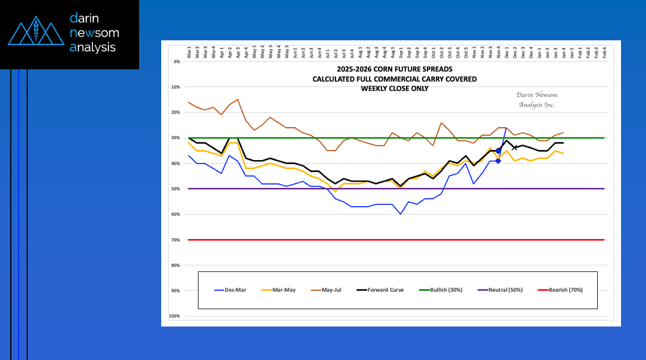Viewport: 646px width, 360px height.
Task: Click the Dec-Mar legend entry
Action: [230, 290]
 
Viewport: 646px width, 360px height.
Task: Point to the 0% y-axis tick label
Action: [177, 61]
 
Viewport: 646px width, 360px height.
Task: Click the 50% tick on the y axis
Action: [176, 189]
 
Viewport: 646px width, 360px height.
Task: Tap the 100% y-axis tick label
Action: [175, 316]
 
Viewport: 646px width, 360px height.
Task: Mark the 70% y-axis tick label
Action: [176, 240]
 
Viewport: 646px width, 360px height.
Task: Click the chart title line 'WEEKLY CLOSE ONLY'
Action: [395, 89]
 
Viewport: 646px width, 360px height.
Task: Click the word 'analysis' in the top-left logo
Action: [93, 48]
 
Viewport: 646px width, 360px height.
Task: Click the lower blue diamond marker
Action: [498, 161]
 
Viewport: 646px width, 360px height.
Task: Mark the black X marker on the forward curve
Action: [514, 148]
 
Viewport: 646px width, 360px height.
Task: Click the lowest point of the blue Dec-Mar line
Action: [400, 214]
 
